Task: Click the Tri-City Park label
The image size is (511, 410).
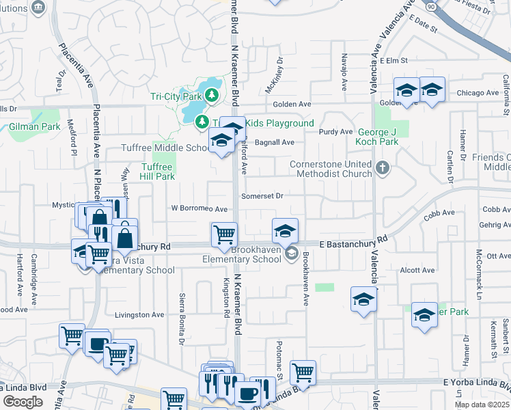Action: tap(176, 96)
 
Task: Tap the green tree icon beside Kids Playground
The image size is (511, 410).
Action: tap(202, 122)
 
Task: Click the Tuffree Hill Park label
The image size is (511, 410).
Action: tap(158, 171)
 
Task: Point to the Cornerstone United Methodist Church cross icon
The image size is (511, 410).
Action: tap(383, 167)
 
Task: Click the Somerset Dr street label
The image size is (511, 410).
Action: tap(262, 195)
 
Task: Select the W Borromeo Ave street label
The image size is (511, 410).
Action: tap(199, 208)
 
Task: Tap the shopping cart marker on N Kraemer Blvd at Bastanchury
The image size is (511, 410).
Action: tap(224, 234)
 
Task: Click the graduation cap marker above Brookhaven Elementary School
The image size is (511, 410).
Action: tap(285, 231)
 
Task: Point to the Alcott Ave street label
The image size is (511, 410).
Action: tap(417, 270)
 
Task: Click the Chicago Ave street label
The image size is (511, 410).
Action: tap(478, 93)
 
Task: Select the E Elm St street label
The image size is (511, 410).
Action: tap(394, 61)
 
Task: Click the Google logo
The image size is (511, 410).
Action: tap(23, 401)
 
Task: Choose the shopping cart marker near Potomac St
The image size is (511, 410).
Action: tap(303, 372)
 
